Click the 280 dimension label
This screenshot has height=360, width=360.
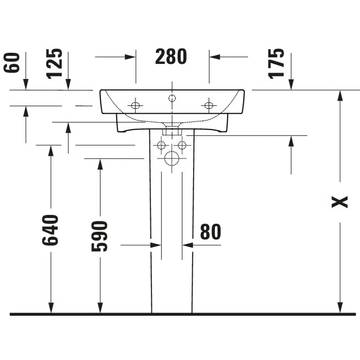[171, 57]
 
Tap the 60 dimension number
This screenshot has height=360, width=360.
[12, 63]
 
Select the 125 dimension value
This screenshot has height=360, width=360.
[54, 64]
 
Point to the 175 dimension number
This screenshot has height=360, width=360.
[276, 64]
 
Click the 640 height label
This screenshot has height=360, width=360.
[50, 230]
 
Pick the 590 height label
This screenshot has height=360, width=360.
[99, 236]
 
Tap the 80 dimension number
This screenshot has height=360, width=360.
[211, 232]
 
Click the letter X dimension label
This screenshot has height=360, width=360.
[340, 202]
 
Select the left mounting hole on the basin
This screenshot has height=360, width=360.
[135, 106]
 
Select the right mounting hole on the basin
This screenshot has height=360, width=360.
[209, 106]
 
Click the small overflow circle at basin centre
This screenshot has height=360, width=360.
[172, 98]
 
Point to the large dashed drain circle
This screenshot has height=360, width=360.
[172, 158]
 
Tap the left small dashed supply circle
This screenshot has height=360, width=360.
[161, 145]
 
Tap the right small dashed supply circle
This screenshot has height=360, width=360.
[182, 145]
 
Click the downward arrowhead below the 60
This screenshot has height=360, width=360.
[26, 84]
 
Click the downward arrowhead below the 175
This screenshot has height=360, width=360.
[291, 84]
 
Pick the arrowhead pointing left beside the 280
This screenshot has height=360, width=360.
[215, 57]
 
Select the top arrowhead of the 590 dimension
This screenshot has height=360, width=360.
[100, 164]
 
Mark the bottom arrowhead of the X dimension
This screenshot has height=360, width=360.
[340, 307]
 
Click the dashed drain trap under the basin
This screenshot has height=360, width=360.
[172, 130]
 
